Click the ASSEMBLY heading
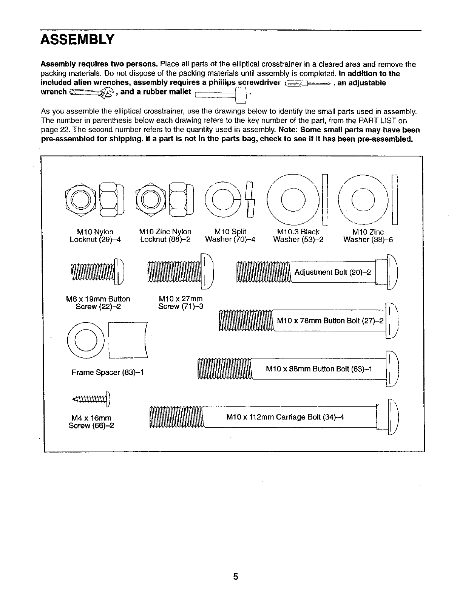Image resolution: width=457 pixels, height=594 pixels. tap(77, 39)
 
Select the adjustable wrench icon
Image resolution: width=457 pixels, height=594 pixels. tap(92, 92)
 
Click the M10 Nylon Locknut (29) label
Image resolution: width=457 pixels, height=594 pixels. tap(95, 235)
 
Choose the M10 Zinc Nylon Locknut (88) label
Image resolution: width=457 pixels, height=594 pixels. tap(165, 235)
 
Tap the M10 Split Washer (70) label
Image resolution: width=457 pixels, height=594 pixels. tap(230, 235)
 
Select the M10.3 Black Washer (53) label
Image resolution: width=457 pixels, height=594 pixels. tap(298, 235)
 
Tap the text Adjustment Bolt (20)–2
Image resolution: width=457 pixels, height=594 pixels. tap(332, 272)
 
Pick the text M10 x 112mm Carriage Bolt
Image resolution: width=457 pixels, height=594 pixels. tap(285, 417)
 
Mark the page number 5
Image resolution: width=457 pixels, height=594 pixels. tap(235, 577)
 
